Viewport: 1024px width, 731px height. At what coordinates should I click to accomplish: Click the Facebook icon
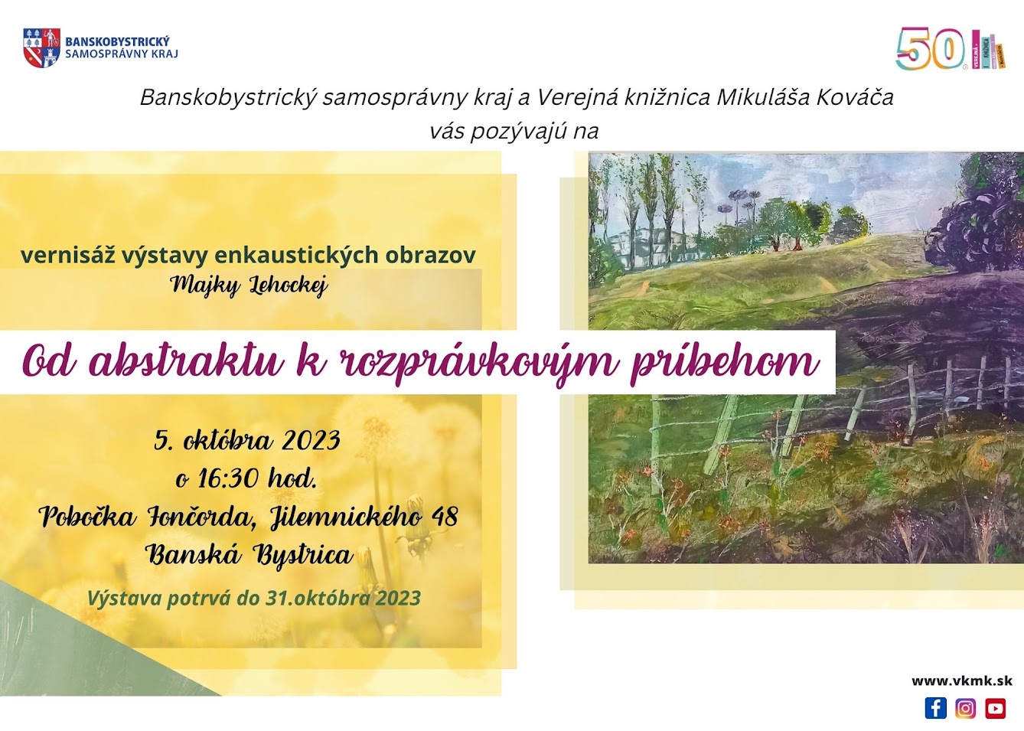coord(936,708)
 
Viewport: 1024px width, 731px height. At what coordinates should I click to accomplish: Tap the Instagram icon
coord(966,708)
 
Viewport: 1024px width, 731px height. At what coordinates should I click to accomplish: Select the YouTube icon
coord(995,708)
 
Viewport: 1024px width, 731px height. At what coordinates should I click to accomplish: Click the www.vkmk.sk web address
coord(962,681)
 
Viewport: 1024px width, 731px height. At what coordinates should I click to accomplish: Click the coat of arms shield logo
coord(41,48)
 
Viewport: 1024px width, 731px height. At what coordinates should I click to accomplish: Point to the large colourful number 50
coord(931,48)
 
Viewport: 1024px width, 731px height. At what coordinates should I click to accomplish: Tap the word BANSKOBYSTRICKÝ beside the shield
coord(118,41)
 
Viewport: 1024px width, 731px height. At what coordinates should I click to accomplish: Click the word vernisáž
coord(67,255)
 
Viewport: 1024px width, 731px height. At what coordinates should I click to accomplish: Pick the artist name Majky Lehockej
coord(249,286)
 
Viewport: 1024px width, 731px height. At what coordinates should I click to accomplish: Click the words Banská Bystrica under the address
coord(249,556)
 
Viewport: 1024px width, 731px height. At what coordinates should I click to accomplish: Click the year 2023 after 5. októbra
coord(311,441)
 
